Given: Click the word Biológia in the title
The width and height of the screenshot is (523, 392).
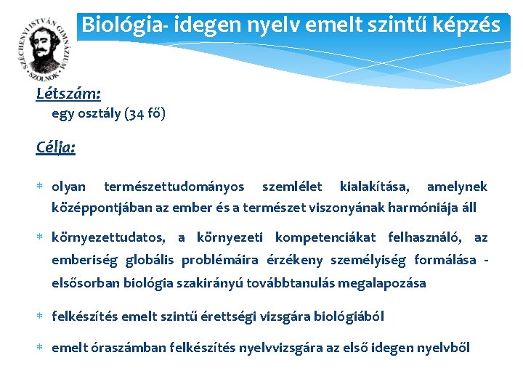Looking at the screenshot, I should tap(112, 25).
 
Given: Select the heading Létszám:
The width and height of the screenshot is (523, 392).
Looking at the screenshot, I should tap(68, 94).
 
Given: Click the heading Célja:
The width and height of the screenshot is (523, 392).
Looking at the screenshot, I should tap(56, 147).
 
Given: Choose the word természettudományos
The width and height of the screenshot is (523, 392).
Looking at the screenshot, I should tap(174, 187).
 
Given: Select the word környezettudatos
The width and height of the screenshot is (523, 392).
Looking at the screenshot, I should tap(108, 237).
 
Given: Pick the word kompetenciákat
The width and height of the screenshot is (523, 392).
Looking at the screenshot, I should tap(325, 237).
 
